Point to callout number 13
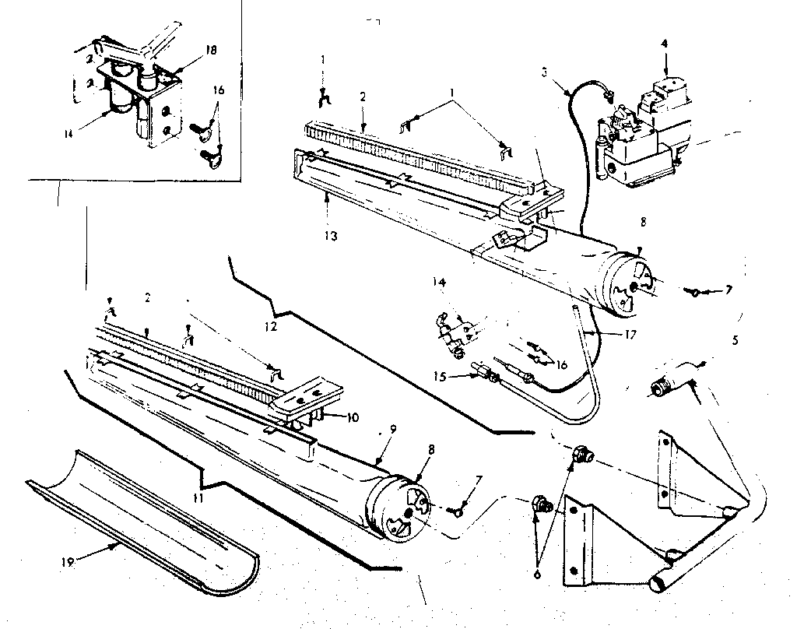(332, 236)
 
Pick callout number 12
(269, 328)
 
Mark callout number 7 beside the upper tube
(728, 291)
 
